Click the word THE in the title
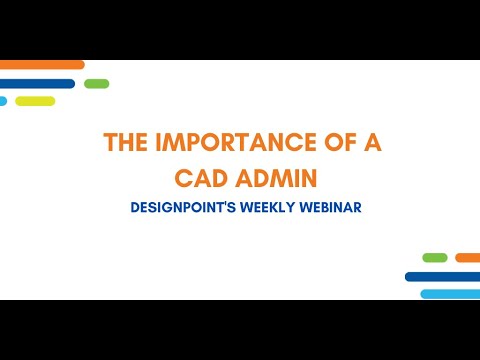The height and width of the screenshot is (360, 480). coord(124,143)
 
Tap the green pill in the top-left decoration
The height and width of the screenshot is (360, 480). coord(97,83)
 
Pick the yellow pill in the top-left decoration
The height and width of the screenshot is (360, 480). coord(35,101)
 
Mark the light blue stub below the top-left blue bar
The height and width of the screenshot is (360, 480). coord(3,101)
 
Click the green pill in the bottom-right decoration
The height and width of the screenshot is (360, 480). coord(435,258)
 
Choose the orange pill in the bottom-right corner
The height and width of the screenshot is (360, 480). coord(468,258)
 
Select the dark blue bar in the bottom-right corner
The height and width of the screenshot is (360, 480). coord(443,276)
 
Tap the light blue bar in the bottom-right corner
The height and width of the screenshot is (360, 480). coord(450,294)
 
